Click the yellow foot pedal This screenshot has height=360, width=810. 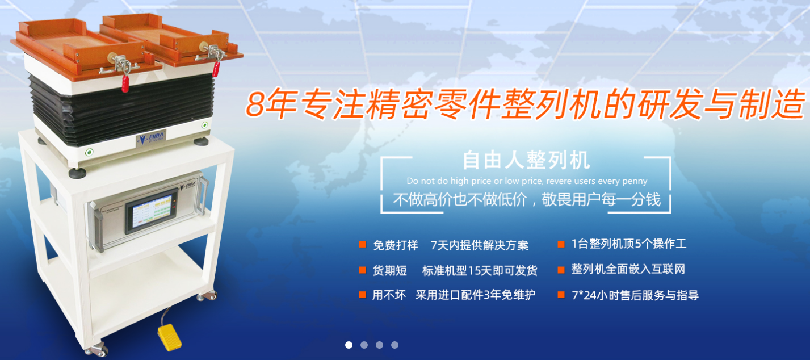coord(169,337)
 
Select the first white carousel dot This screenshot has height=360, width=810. coord(349,345)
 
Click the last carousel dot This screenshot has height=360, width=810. coord(394,345)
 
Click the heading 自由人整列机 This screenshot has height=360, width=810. coord(527,160)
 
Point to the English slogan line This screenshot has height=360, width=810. coord(527,181)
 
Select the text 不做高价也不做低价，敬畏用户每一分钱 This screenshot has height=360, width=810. coord(527,199)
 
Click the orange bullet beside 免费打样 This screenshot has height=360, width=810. coord(362,244)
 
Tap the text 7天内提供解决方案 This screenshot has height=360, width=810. coord(480,245)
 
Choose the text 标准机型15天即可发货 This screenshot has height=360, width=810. coord(480,270)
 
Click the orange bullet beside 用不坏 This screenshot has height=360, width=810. coord(362,295)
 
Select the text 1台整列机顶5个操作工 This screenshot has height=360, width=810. coord(629,244)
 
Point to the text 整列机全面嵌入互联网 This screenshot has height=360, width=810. coord(628,269)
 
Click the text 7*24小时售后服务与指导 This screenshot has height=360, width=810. coord(635,295)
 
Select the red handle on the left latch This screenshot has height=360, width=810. coord(125,83)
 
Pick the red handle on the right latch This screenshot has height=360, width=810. coord(216,69)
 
